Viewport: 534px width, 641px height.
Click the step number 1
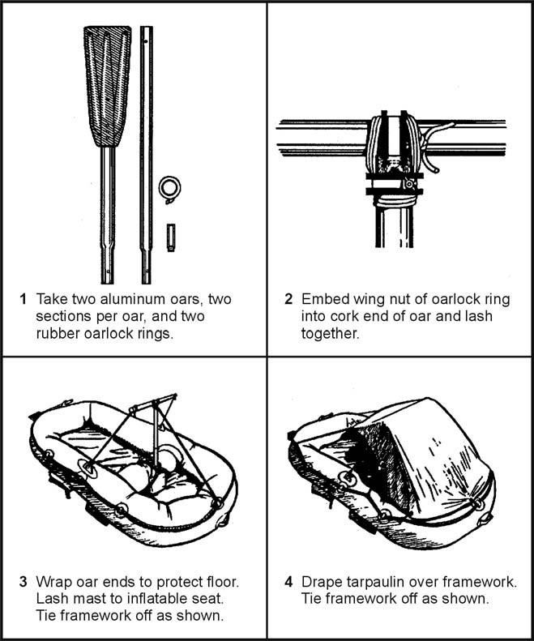click(x=23, y=299)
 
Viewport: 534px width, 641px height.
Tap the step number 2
click(x=288, y=299)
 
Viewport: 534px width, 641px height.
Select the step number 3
click(x=23, y=581)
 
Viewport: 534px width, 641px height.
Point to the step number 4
click(x=288, y=581)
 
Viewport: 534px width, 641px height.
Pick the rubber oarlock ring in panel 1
click(x=169, y=187)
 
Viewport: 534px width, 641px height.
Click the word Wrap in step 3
click(x=53, y=581)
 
